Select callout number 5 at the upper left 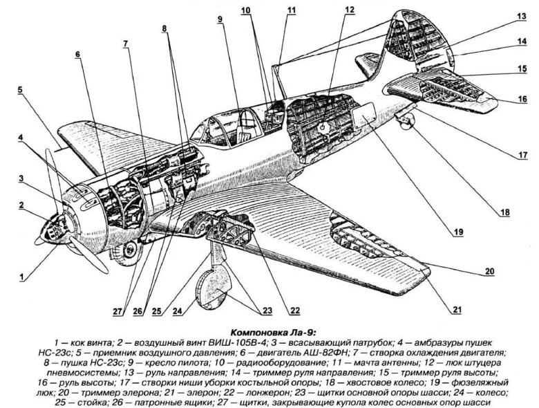point(21,90)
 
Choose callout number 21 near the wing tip point(457,310)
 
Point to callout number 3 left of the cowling point(21,178)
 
